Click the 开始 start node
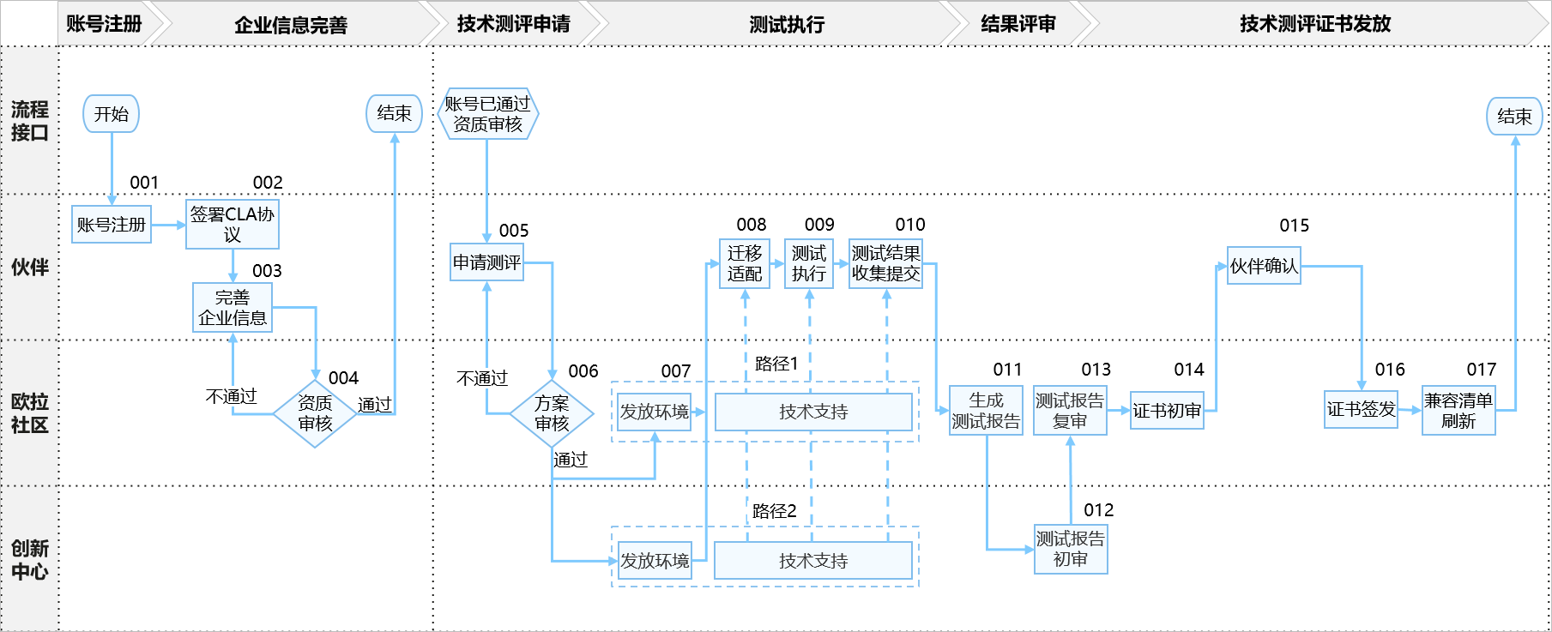click(111, 114)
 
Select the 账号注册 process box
click(112, 225)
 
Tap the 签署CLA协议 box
click(232, 225)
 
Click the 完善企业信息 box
click(232, 308)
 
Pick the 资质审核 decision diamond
click(315, 413)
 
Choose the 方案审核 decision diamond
click(552, 413)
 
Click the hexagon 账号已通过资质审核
click(487, 114)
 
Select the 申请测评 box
click(486, 262)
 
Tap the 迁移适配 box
click(745, 263)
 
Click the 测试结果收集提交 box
click(885, 263)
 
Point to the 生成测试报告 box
click(986, 411)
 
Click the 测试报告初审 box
click(1071, 549)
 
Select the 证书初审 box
click(1167, 411)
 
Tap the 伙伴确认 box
click(1264, 266)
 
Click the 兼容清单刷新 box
click(1458, 411)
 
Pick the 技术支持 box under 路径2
click(813, 561)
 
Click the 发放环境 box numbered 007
click(655, 412)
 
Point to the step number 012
click(1098, 510)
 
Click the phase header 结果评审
click(1018, 24)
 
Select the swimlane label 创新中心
click(29, 560)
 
